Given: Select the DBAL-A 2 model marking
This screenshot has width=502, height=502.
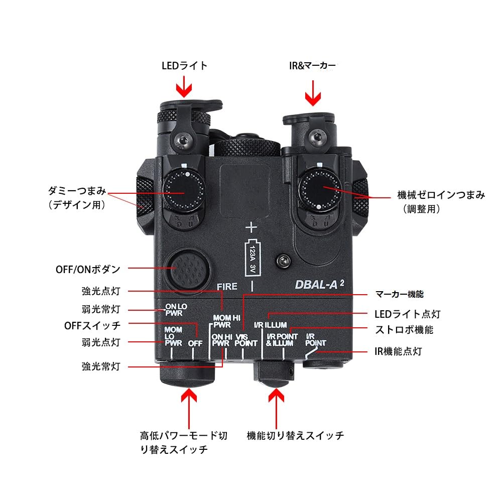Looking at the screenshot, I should [319, 283].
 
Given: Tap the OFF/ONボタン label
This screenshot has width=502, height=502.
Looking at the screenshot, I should [88, 269].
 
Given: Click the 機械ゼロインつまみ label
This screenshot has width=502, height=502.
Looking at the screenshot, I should [440, 195].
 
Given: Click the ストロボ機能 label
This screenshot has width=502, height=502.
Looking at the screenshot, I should [404, 330].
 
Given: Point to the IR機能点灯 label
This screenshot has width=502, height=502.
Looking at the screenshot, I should [399, 351].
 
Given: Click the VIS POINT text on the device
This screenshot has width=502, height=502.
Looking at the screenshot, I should [245, 340].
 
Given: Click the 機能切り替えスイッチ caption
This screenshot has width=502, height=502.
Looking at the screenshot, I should [296, 435].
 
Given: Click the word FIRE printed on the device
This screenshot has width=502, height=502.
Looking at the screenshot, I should [226, 287].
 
